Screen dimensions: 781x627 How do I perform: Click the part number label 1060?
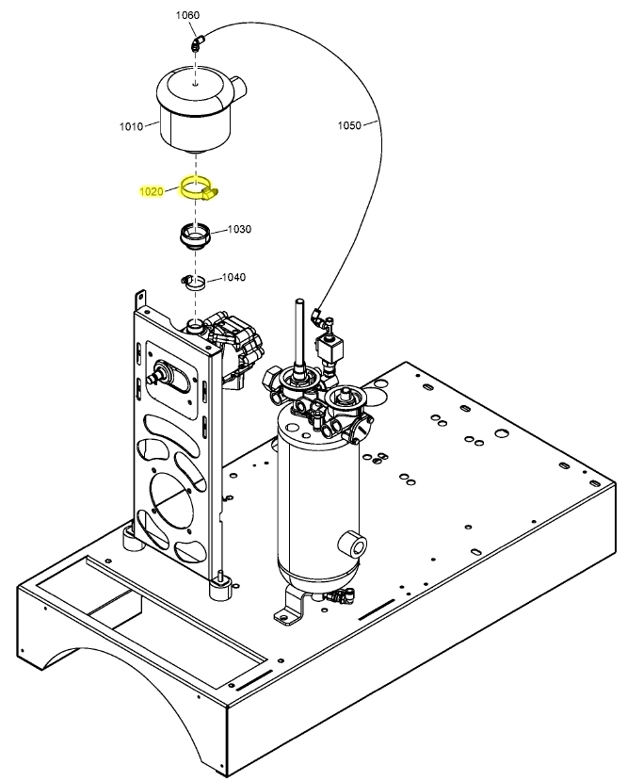click(188, 16)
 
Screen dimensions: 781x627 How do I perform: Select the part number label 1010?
click(131, 126)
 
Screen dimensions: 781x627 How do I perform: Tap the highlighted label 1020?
click(152, 191)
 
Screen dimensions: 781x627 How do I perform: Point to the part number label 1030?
click(238, 229)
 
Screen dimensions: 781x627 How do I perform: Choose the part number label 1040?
click(233, 277)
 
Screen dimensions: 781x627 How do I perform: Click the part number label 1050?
click(348, 124)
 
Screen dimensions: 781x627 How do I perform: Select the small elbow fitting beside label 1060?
click(196, 42)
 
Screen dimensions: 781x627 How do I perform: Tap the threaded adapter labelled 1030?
click(196, 234)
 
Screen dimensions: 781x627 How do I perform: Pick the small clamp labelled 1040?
click(195, 281)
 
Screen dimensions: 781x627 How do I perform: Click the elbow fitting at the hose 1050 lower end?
click(321, 317)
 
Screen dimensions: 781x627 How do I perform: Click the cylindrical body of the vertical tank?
click(315, 499)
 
